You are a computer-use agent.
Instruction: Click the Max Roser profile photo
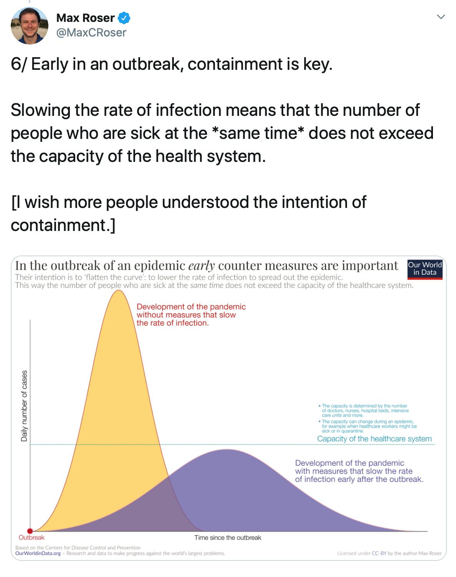coord(30,26)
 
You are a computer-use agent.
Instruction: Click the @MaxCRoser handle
coord(91,33)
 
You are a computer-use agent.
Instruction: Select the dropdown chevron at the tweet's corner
coord(441,17)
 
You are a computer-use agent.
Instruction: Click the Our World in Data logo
coord(425,269)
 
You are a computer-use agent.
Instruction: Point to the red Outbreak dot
coord(30,531)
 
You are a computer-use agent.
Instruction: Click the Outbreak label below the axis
coord(31,537)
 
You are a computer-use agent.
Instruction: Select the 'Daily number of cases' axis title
coord(24,406)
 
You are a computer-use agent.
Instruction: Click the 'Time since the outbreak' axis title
coord(228,537)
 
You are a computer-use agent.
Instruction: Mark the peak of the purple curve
coord(228,450)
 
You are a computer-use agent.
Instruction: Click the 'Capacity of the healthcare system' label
coord(374,439)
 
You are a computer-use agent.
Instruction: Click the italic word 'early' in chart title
coord(202,265)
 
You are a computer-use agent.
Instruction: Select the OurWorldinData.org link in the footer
coord(38,553)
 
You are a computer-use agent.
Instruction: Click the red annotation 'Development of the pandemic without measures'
coord(191,315)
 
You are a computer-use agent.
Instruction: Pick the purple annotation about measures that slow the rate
coord(359,471)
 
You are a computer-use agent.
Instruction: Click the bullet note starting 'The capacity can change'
coord(369,426)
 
